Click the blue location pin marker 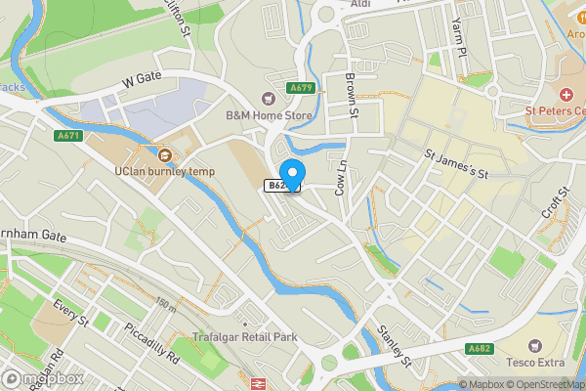[292, 171]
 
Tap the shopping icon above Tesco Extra [534, 345]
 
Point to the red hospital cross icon [566, 95]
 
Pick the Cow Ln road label [341, 177]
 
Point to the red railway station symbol [260, 384]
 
